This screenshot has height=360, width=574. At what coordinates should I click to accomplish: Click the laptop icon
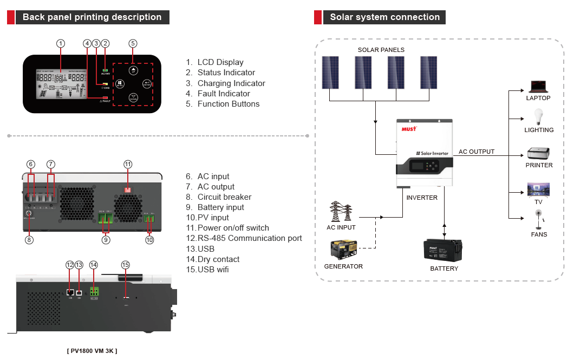[x=538, y=87]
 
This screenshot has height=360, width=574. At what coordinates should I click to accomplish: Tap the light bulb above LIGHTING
[x=538, y=116]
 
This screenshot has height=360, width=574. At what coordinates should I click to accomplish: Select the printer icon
[x=539, y=154]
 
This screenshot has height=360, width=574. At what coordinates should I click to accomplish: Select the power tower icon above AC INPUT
[x=341, y=212]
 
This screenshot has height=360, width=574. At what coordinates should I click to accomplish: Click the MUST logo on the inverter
[x=409, y=129]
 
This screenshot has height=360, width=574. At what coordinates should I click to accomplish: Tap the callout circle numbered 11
[x=128, y=164]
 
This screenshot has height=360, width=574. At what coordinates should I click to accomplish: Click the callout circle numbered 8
[x=29, y=239]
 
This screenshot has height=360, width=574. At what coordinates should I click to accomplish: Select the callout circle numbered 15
[x=126, y=265]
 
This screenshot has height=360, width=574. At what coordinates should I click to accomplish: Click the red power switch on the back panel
[x=128, y=189]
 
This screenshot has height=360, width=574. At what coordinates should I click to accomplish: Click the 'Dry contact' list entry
[x=218, y=259]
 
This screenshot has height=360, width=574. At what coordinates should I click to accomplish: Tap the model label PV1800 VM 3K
[x=92, y=351]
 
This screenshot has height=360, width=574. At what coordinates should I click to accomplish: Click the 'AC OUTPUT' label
[x=477, y=152]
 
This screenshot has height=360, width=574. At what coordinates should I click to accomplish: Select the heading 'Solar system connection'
[x=384, y=17]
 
